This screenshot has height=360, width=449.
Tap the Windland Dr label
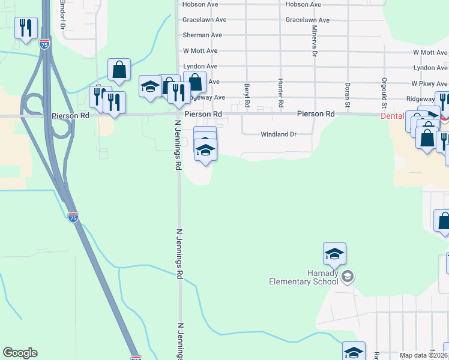pos(279,134)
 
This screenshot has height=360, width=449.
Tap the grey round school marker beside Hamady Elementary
pos(348,277)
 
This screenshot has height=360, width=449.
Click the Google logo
pos(20,353)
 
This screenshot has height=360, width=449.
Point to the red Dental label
pos(393,116)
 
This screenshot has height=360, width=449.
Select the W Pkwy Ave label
pos(429,83)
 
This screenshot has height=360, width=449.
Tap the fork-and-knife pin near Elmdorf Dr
pos(26,28)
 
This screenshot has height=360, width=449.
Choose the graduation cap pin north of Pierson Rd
pos(150,86)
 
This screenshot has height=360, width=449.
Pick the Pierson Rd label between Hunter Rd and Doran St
pos(318,113)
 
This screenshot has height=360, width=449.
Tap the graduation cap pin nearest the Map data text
pos(354,352)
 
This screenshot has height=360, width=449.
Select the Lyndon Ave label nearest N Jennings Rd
pos(200,67)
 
